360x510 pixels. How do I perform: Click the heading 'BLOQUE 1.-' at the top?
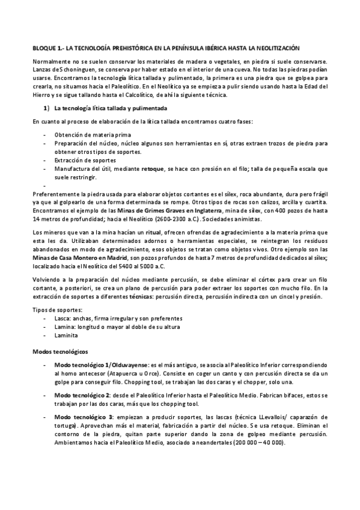coord(47,47)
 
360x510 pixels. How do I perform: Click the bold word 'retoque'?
coord(153,170)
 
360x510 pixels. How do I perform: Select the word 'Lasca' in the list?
coord(63,318)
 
